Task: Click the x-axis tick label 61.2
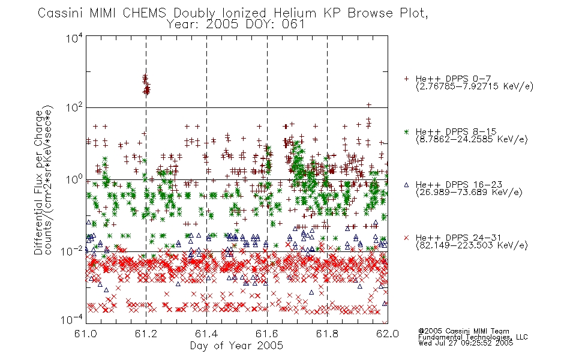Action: [146, 334]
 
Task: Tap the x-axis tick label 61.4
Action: [206, 334]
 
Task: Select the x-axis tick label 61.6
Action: [267, 334]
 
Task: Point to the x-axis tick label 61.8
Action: [327, 334]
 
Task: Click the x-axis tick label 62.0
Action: [388, 334]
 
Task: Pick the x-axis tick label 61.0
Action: [85, 334]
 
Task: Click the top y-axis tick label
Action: [74, 38]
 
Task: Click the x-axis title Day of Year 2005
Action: [236, 346]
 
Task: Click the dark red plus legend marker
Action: [406, 79]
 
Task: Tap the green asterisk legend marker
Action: [406, 131]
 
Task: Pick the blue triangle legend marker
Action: [406, 185]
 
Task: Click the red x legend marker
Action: [406, 238]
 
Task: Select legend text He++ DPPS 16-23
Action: [459, 185]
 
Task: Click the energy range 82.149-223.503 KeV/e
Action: [472, 245]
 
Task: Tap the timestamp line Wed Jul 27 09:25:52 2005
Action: [466, 343]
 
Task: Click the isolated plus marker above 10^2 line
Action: [368, 105]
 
